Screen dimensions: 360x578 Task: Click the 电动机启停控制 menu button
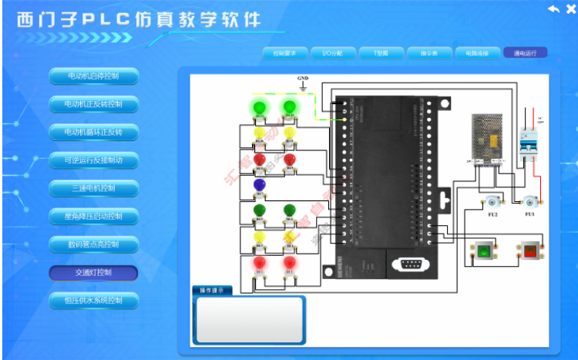pos(93,76)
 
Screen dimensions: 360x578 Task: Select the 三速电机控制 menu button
pos(93,188)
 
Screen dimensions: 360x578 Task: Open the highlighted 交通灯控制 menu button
pos(93,273)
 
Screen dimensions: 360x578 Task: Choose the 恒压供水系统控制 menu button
pos(93,300)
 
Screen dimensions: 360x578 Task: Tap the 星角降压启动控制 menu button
pos(93,216)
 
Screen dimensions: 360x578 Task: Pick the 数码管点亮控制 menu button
pos(93,244)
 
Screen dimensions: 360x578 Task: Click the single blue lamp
pos(259,185)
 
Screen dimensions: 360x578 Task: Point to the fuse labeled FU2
pos(492,202)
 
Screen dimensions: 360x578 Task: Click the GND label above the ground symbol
pos(303,79)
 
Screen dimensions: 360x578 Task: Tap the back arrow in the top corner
pos(553,8)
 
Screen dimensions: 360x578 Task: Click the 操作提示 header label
pos(211,291)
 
